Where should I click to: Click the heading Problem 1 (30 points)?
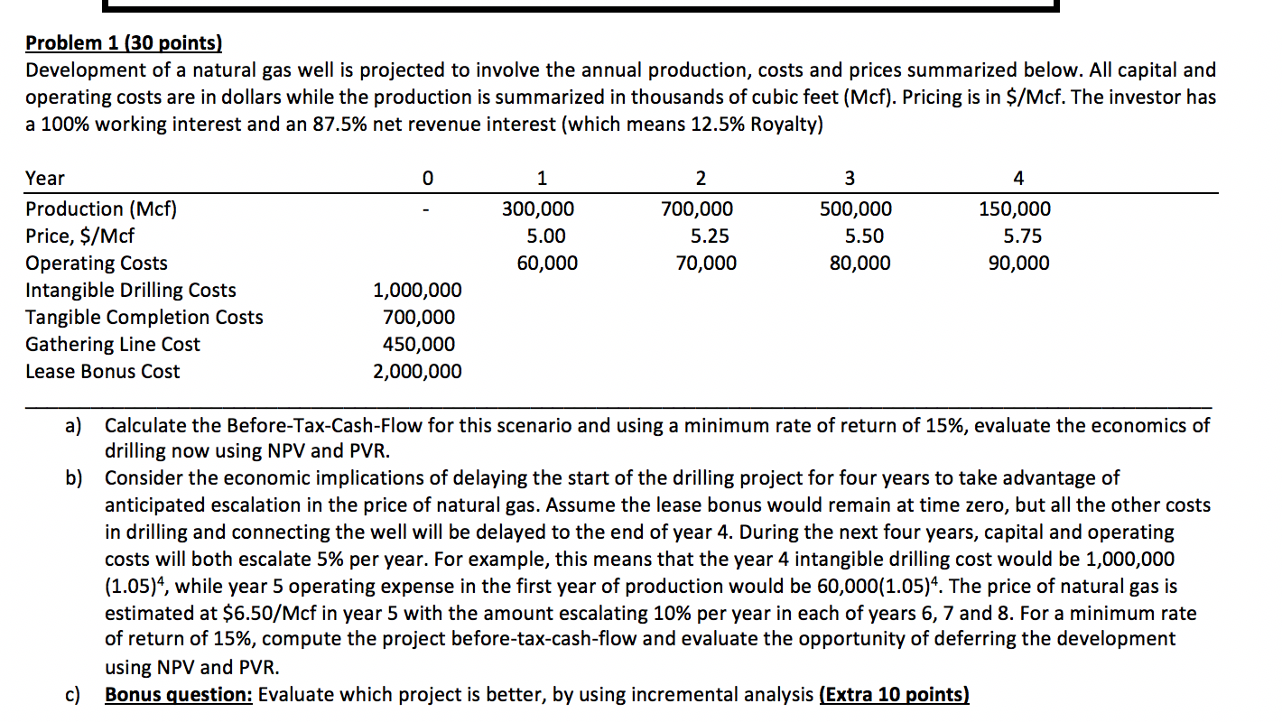click(x=123, y=42)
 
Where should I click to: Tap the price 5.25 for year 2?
click(x=710, y=236)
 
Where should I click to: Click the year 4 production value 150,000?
click(x=1015, y=209)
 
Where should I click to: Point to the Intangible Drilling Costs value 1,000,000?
click(x=417, y=291)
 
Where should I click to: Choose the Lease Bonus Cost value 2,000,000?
click(x=417, y=372)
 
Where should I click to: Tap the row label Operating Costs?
click(x=97, y=264)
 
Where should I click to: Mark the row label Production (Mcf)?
click(x=101, y=209)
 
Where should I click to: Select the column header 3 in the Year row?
click(x=849, y=179)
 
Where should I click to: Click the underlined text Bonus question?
click(x=179, y=695)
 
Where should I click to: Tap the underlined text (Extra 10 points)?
click(x=893, y=695)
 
